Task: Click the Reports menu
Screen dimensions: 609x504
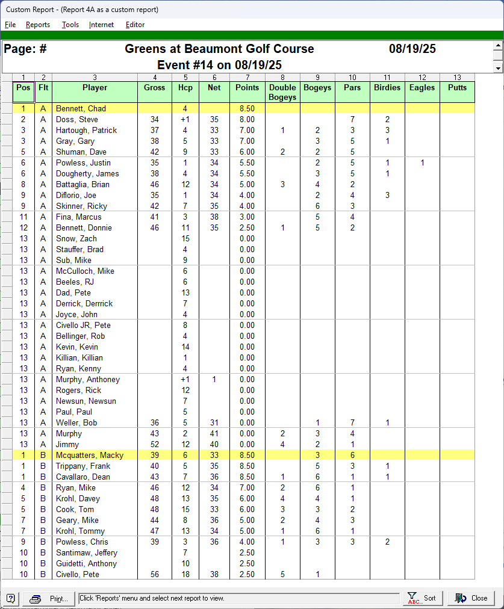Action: click(x=38, y=25)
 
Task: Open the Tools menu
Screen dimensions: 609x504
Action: click(x=70, y=25)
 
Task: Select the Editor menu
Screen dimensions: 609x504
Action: click(x=135, y=25)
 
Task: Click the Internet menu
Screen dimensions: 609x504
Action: click(x=101, y=25)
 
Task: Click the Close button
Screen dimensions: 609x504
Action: click(x=471, y=598)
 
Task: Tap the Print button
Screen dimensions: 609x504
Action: click(x=50, y=599)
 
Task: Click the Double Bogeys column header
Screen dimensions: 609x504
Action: click(x=282, y=92)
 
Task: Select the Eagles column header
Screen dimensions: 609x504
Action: click(x=422, y=88)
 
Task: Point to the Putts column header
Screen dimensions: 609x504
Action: click(x=457, y=88)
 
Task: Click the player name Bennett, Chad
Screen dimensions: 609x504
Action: click(x=81, y=109)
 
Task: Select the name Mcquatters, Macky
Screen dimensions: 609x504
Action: click(x=90, y=456)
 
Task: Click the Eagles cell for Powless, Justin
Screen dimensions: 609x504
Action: click(x=422, y=163)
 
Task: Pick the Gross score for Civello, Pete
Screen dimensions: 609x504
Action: click(x=155, y=575)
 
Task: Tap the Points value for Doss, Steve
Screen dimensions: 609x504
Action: click(x=247, y=120)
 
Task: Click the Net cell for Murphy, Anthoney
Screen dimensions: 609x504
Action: click(x=214, y=380)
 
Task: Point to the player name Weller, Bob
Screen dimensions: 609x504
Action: click(x=76, y=423)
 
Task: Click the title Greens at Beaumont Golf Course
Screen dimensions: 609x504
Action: click(x=219, y=49)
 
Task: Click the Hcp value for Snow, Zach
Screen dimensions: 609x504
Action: click(x=185, y=239)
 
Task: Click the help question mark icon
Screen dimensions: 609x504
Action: click(x=10, y=599)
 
